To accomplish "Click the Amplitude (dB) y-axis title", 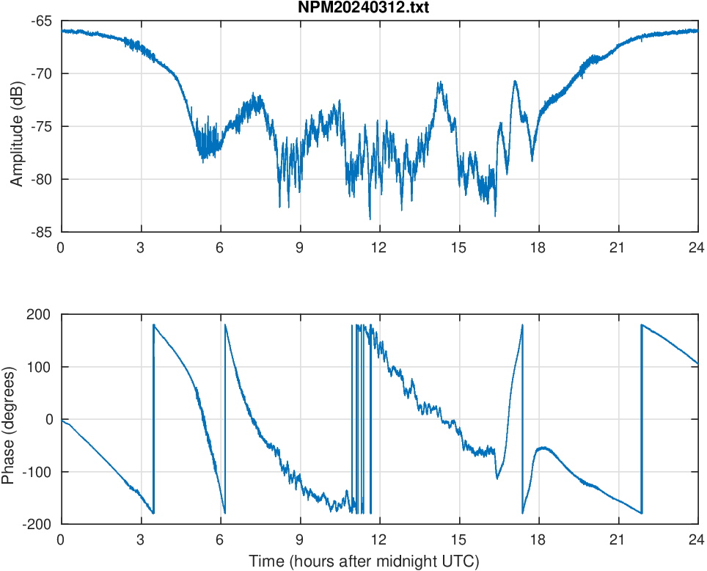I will click(x=17, y=126).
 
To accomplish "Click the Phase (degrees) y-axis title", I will click(x=8, y=418).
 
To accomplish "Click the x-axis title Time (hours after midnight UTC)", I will click(x=364, y=561).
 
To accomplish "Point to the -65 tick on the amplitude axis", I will click(x=41, y=21).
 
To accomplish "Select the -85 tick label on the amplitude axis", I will click(x=41, y=232).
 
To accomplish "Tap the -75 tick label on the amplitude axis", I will click(x=41, y=126).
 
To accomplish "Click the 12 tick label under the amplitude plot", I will click(x=379, y=247).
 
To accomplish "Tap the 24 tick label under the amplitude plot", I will click(x=697, y=247).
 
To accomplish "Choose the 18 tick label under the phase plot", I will click(x=538, y=539).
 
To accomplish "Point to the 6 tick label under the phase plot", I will click(x=220, y=539).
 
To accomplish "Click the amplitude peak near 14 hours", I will click(x=440, y=83).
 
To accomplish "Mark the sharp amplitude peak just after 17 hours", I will click(x=516, y=81).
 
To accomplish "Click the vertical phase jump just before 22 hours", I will click(x=641, y=418).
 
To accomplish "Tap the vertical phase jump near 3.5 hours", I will click(x=153, y=418).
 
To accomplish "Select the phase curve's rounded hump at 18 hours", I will click(x=543, y=448).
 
